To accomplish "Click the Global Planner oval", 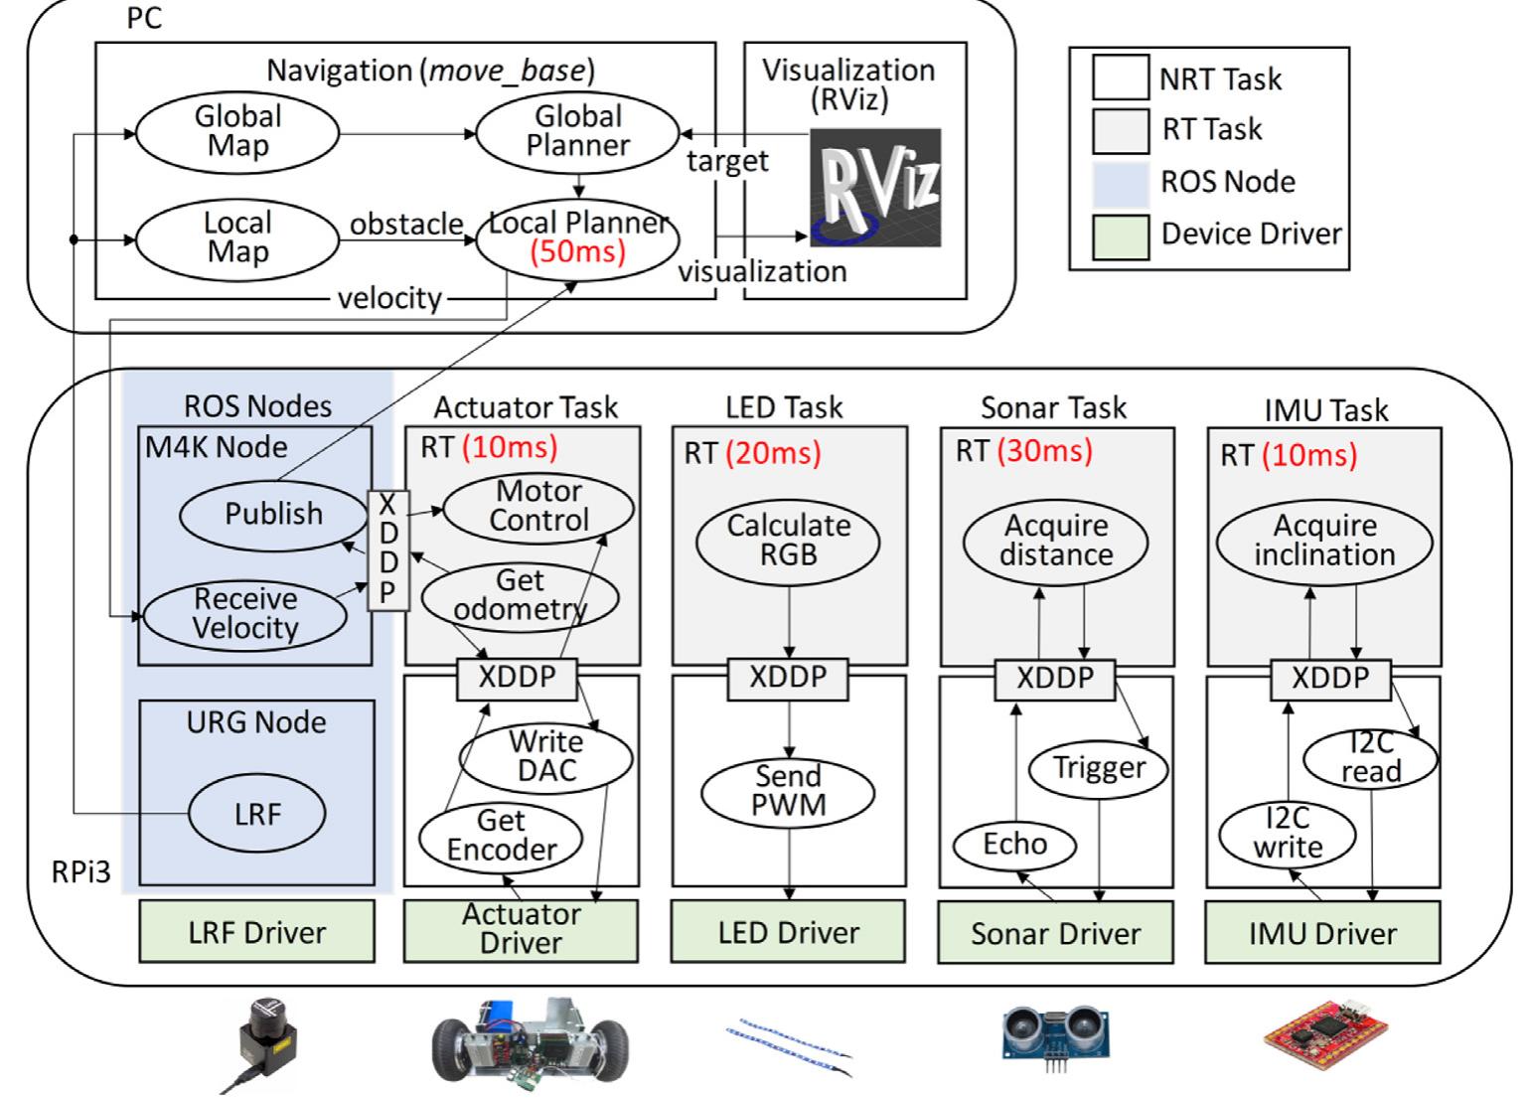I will (x=577, y=132).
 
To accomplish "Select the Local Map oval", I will (x=236, y=238).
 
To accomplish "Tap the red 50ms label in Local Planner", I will (x=577, y=251).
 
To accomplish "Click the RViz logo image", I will (x=874, y=188).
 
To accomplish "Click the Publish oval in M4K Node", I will (x=273, y=514).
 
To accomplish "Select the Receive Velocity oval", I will (x=245, y=614).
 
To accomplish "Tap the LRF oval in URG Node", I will (x=257, y=814).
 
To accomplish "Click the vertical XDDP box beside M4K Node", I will (x=387, y=549).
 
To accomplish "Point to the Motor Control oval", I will (x=538, y=507).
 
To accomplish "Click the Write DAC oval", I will (x=545, y=757).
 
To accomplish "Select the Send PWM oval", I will (x=788, y=791).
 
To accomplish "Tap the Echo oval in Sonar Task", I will (x=1014, y=845).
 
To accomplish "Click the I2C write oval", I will (x=1287, y=834).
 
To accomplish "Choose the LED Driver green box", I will (x=789, y=932).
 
